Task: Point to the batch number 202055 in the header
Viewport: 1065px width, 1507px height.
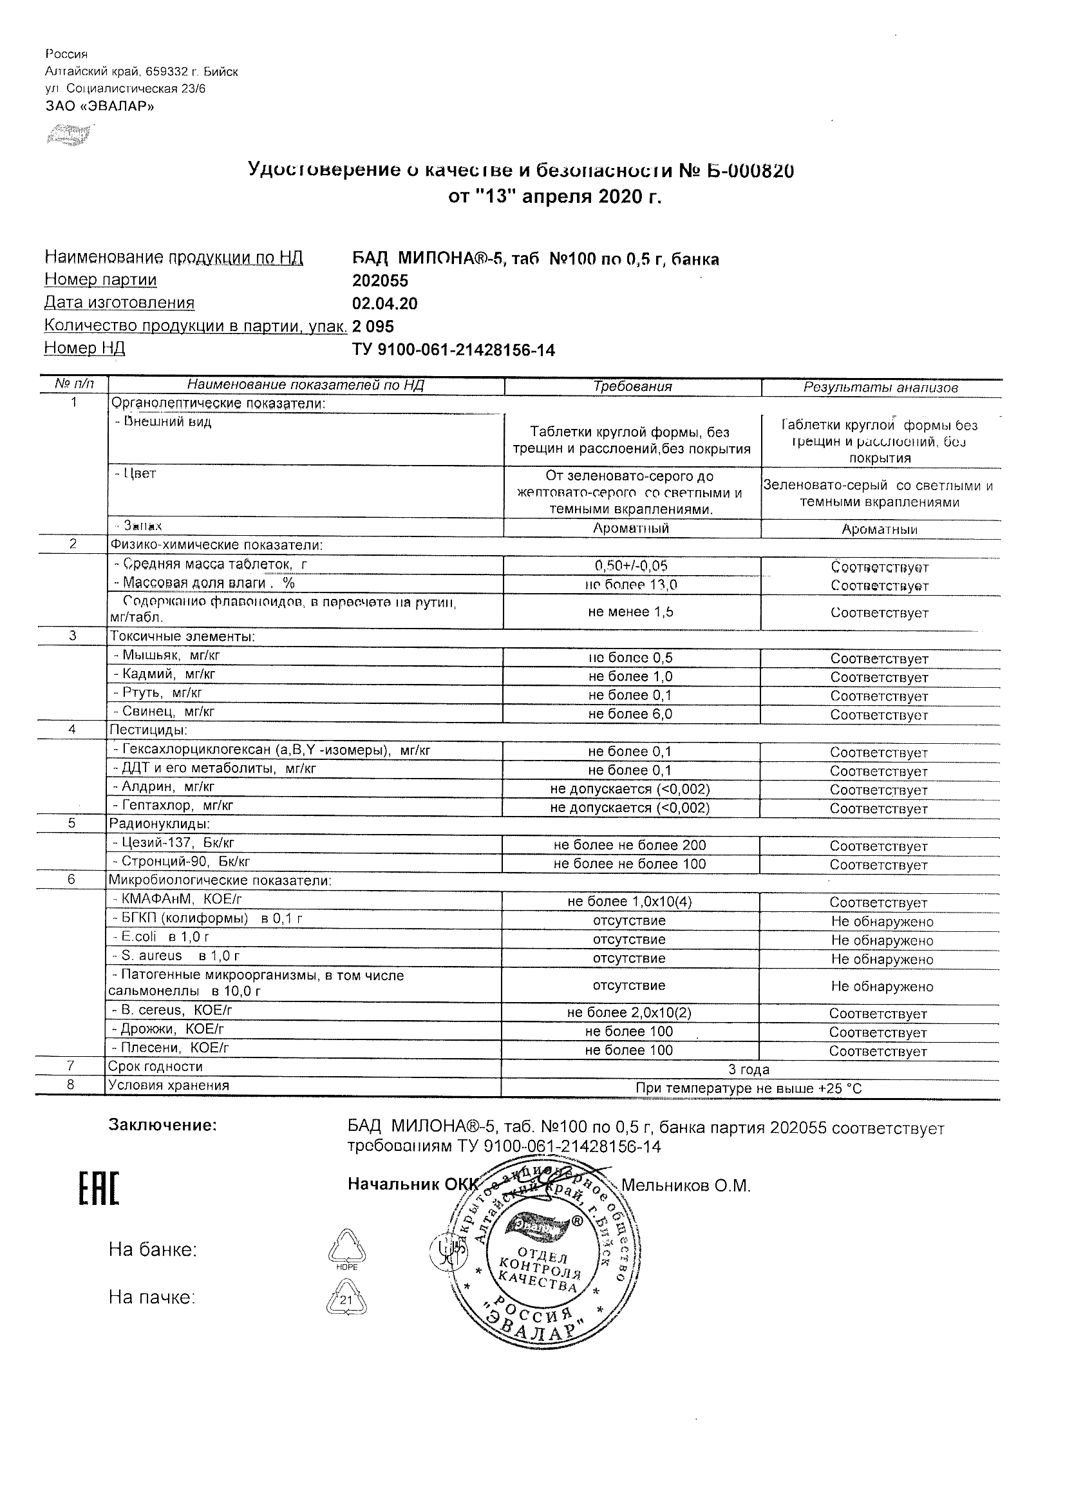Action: point(380,281)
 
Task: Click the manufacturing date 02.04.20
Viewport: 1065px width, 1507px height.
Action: point(384,304)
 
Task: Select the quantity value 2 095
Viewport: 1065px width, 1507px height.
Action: point(373,327)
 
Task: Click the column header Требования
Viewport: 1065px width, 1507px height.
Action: point(632,386)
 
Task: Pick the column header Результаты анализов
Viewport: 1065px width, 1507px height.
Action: point(881,388)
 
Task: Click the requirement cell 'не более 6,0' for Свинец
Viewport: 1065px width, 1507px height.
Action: point(630,714)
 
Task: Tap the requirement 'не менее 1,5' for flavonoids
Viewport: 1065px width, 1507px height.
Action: point(630,612)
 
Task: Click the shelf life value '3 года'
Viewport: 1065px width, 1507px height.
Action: point(749,1070)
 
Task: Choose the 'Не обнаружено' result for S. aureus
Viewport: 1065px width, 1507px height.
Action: point(881,960)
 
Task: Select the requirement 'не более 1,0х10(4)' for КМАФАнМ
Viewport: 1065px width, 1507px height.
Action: point(629,902)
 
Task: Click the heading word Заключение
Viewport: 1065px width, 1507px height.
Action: point(162,1125)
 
